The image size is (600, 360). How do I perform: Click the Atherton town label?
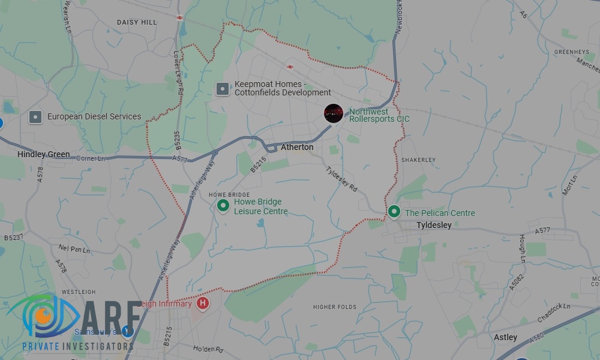click(x=297, y=147)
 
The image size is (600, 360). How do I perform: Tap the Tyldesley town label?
click(x=434, y=225)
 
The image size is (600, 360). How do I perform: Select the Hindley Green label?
click(x=43, y=154)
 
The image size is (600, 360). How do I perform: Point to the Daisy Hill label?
click(x=137, y=22)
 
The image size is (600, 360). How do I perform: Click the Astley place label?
click(x=505, y=337)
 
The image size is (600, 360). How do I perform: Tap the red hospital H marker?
click(x=203, y=303)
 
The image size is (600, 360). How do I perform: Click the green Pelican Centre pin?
click(x=394, y=212)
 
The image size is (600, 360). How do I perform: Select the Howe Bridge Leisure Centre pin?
click(x=223, y=206)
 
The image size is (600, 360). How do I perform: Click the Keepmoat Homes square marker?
click(x=223, y=89)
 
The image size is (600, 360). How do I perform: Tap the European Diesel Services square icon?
click(x=35, y=117)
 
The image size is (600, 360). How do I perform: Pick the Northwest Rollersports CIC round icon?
click(x=333, y=113)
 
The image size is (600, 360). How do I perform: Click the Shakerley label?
click(x=418, y=160)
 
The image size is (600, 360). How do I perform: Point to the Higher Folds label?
click(x=335, y=307)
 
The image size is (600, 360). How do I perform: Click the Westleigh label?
click(x=79, y=292)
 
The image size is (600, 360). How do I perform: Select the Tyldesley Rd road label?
click(x=341, y=179)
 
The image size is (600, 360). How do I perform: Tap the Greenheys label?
click(x=571, y=52)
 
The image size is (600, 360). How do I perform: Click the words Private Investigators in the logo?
click(x=78, y=347)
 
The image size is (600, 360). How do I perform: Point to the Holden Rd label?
click(x=208, y=349)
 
